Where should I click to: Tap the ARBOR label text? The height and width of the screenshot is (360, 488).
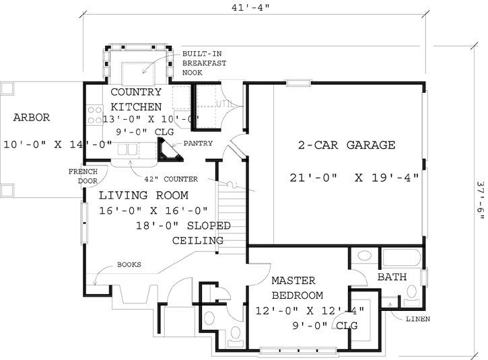point(31,117)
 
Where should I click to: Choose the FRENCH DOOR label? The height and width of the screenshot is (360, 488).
point(83,177)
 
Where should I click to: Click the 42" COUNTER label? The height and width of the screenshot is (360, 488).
point(171,179)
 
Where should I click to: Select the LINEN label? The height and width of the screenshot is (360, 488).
point(417,318)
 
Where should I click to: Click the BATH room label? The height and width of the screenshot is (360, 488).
point(391,277)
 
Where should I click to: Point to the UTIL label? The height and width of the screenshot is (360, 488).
point(225,104)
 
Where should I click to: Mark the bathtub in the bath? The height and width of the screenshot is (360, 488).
point(400,257)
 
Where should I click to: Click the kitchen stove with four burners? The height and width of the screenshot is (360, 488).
point(94,114)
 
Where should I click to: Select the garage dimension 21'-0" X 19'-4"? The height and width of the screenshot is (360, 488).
point(354,178)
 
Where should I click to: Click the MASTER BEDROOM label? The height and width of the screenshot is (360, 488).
point(297,287)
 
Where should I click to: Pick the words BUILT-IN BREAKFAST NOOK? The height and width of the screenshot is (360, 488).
point(205,62)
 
